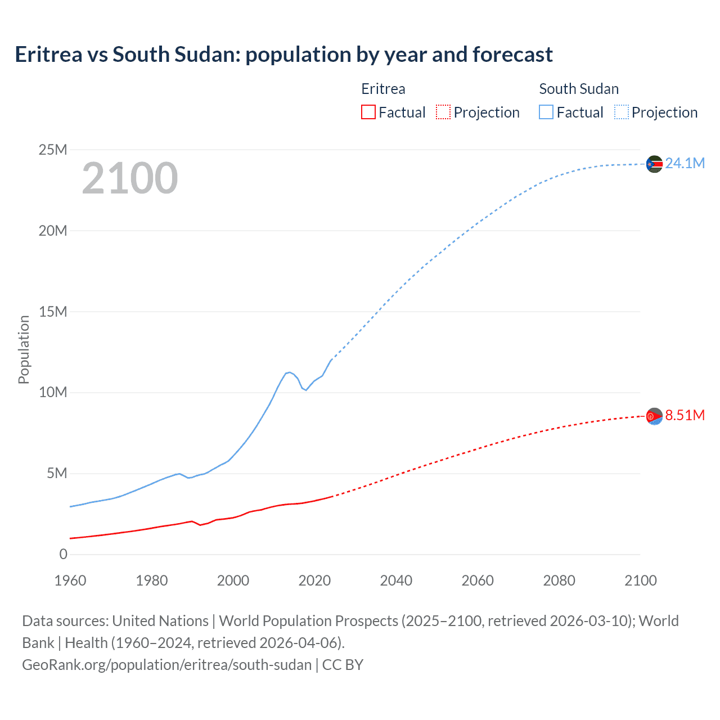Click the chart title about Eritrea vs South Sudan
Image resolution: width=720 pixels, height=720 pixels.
coord(283,55)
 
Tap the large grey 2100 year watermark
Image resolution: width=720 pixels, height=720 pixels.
coord(130,178)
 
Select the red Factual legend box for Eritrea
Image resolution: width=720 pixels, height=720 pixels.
coord(368,112)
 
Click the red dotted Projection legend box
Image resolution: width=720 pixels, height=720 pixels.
coord(443,112)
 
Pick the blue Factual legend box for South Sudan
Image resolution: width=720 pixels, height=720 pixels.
coord(546,112)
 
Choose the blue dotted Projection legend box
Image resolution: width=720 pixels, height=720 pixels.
coord(622,112)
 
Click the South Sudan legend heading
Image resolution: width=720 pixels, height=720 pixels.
coord(578,89)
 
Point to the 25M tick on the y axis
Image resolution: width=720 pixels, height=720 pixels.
coord(53,150)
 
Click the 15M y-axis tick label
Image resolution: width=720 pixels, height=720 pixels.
coord(53,312)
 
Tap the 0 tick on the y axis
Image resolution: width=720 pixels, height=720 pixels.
coord(63,554)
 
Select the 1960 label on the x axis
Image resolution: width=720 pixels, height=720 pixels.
coord(70,580)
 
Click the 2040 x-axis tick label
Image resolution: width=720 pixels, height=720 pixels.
coord(396,580)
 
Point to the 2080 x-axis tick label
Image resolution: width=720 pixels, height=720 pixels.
coord(559,580)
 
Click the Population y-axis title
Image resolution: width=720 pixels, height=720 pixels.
coord(24,349)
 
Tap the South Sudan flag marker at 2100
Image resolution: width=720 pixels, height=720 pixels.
coord(654,164)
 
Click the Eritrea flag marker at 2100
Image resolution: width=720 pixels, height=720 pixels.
coord(654,416)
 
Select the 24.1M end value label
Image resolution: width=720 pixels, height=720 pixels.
coord(685,163)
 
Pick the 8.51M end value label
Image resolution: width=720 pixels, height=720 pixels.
coord(685,415)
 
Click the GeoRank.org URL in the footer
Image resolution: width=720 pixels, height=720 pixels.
coord(166,664)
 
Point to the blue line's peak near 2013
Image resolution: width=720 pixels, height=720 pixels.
coord(289,372)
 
